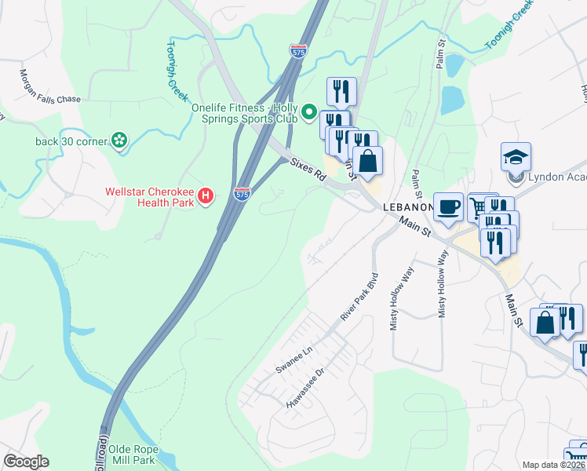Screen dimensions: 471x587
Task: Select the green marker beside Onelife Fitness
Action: [x=308, y=115]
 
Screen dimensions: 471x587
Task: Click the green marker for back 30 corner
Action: [x=118, y=141]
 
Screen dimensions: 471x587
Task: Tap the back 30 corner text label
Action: [x=70, y=141]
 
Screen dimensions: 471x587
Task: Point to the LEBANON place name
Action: [x=407, y=206]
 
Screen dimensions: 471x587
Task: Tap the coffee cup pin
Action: [x=448, y=207]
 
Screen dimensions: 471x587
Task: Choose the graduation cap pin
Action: [x=516, y=157]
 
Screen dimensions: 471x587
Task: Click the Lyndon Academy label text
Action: [x=557, y=177]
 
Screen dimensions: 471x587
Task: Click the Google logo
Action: [x=26, y=462]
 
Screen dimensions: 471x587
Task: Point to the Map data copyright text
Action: [x=554, y=465]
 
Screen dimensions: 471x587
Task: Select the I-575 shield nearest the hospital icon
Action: [x=242, y=192]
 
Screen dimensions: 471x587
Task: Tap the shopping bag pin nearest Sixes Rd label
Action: [x=367, y=162]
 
